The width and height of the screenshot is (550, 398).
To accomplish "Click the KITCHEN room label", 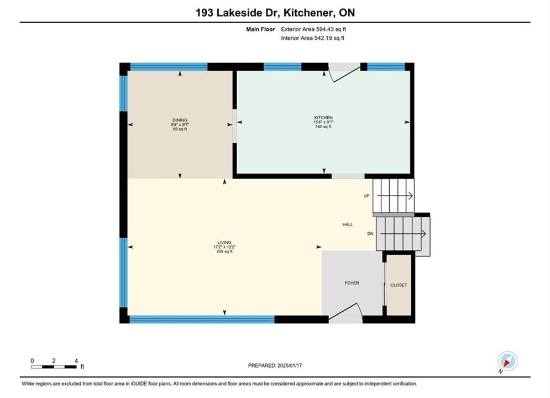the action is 323,118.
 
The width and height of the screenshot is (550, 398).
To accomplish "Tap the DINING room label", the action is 180,120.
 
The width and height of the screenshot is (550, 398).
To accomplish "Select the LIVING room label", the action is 224,242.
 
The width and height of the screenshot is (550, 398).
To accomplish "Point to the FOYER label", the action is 352,283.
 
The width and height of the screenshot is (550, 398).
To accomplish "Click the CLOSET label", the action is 399,285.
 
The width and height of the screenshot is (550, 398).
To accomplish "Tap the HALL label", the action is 348,224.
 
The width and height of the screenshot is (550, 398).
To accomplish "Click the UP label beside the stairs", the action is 366,196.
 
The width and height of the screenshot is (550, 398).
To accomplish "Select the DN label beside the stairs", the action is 370,233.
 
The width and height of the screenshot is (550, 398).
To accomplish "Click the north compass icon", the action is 507,361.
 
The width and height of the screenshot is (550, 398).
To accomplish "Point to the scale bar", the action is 54,367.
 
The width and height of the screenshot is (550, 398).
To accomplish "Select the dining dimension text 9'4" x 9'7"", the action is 180,124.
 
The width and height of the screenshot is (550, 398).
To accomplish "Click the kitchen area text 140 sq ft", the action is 323,127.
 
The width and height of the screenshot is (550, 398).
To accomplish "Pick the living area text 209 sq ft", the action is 224,252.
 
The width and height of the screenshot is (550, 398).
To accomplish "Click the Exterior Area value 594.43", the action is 326,29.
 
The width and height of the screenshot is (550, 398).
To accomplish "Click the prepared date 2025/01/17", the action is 290,365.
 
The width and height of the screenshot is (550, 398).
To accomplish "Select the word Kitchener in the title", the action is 308,13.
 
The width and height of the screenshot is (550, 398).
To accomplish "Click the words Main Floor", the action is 260,29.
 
